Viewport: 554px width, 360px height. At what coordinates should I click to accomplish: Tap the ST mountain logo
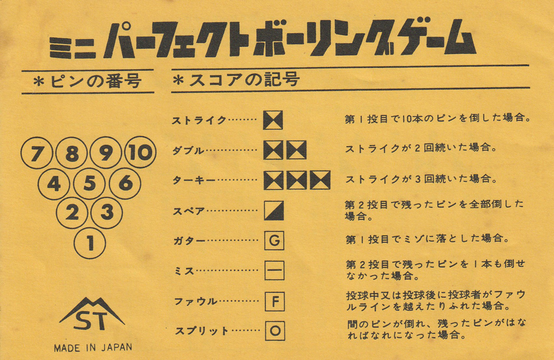click(92, 314)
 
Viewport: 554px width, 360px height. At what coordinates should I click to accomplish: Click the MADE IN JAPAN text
click(93, 348)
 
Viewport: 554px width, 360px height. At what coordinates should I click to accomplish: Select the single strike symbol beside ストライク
click(273, 120)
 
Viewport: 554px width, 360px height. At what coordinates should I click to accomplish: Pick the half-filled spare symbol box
click(274, 210)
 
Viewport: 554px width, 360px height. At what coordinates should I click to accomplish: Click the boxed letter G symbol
click(275, 240)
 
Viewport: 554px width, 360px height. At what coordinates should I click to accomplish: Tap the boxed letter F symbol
click(275, 301)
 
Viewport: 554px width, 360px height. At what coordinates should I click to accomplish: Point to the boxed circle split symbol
click(275, 331)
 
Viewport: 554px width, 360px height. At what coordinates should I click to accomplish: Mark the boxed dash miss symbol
click(275, 271)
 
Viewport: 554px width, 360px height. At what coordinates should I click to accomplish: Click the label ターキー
click(194, 181)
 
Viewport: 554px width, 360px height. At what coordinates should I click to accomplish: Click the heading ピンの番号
click(96, 81)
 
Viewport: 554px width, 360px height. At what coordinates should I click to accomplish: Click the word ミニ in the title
click(73, 48)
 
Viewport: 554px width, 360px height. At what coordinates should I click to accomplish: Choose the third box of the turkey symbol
click(320, 180)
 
